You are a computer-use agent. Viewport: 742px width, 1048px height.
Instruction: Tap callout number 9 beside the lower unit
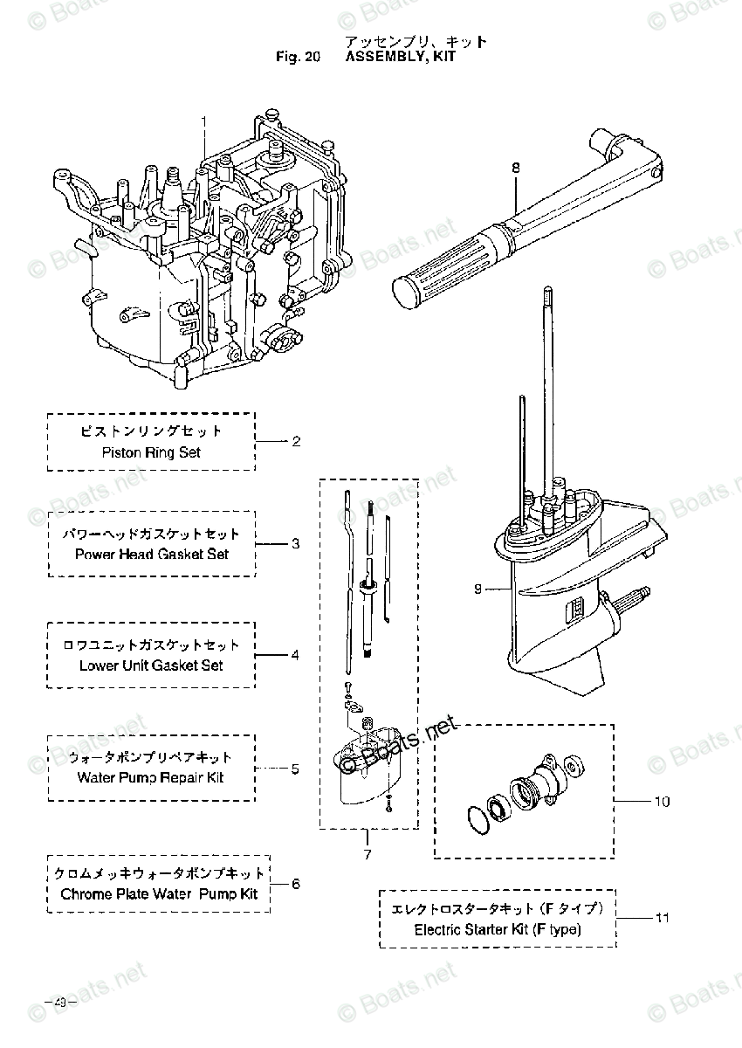pos(478,589)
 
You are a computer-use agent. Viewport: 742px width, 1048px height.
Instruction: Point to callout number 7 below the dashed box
pos(367,854)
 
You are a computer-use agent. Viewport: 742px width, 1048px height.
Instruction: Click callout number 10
pos(662,800)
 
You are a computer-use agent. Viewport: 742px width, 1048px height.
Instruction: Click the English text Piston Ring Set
pos(151,452)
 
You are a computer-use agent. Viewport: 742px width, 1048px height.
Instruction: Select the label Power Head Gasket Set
pos(151,554)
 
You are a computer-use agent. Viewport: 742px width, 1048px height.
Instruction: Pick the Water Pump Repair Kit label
pos(150,777)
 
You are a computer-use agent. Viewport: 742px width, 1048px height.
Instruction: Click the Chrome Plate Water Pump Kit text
pos(159,894)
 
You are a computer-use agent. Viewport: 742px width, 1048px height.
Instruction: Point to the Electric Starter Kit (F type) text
pos(498,929)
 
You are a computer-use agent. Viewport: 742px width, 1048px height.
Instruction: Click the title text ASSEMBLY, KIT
pos(401,58)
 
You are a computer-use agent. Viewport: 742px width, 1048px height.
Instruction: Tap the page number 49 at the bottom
pos(61,1002)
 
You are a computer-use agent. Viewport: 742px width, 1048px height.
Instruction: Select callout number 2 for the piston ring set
pos(296,442)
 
